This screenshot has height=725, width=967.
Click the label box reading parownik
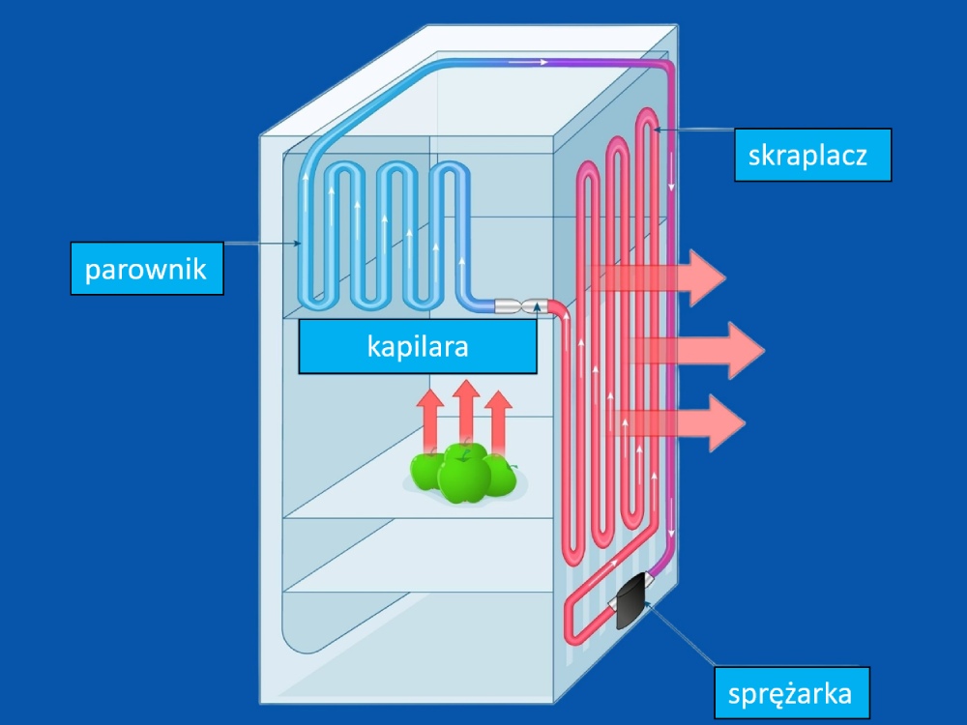[146, 268]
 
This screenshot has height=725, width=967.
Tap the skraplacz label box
[812, 155]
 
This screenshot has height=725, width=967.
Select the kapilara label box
[417, 346]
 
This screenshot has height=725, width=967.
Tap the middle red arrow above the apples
[466, 411]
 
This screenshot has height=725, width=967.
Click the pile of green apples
[463, 475]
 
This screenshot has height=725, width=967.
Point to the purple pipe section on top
[590, 63]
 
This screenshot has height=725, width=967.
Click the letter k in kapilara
[373, 346]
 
